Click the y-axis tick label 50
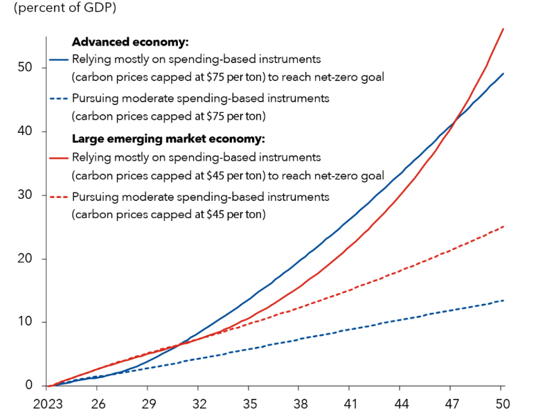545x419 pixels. [28, 68]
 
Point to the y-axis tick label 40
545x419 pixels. [28, 132]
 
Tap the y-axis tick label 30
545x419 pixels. [28, 195]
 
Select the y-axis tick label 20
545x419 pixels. [28, 259]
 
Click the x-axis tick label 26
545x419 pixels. [98, 402]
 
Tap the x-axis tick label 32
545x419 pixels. [199, 402]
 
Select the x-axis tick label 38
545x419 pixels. [301, 402]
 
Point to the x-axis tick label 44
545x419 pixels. [402, 402]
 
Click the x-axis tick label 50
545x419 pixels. [503, 402]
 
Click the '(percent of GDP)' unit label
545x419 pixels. [60, 9]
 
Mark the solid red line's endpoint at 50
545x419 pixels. [503, 28]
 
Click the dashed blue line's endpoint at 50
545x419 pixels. [503, 300]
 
